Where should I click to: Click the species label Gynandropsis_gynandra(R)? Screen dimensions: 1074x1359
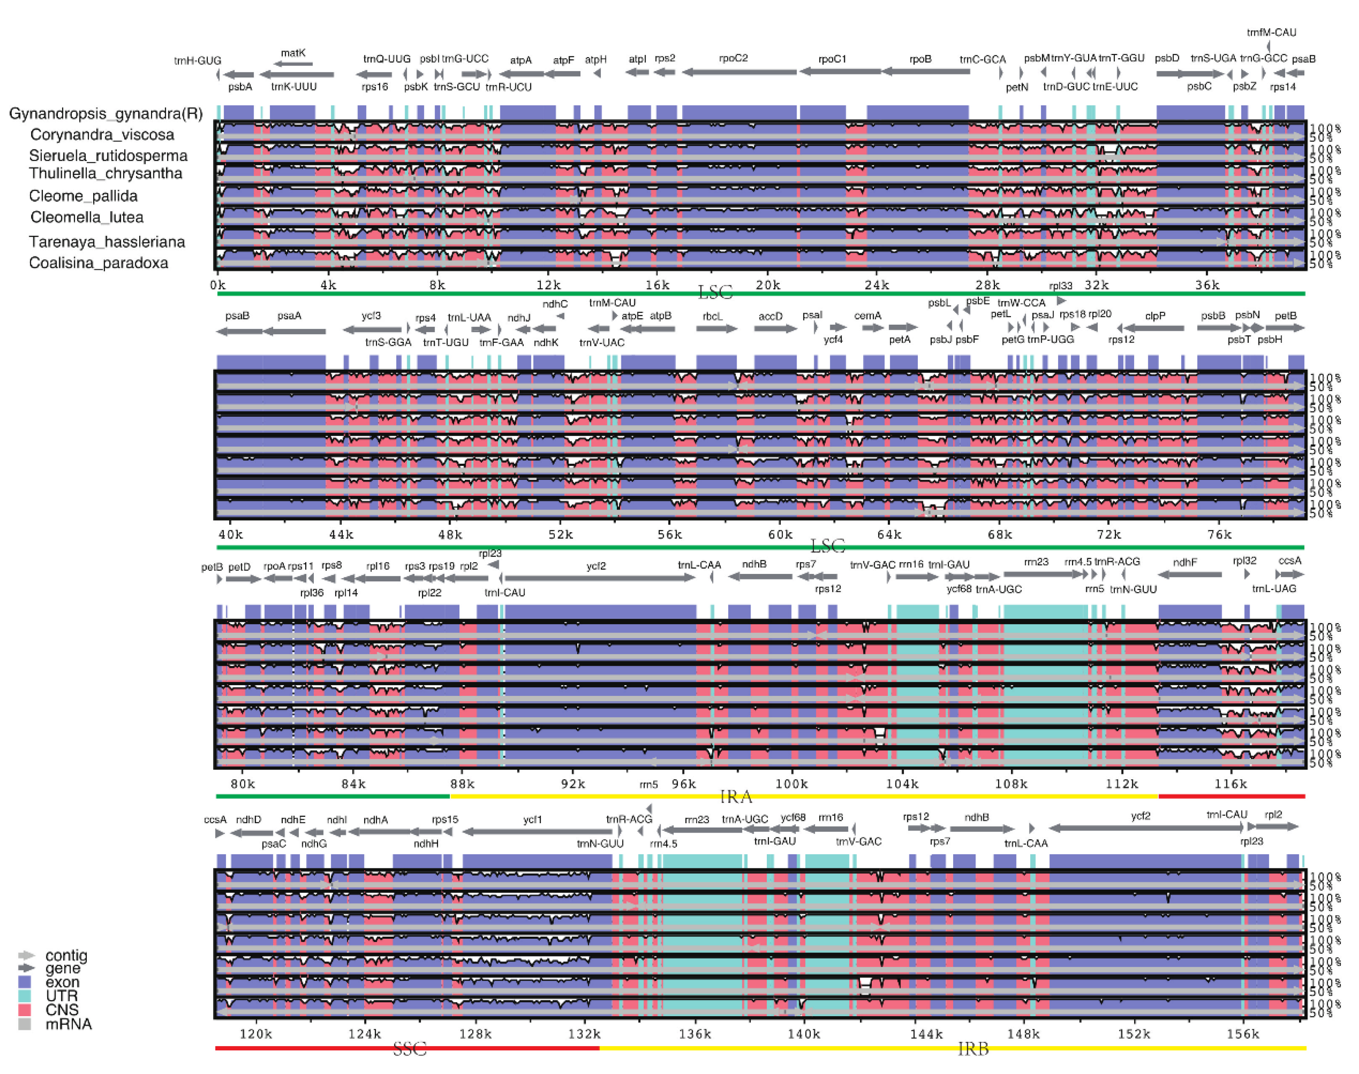coord(106,114)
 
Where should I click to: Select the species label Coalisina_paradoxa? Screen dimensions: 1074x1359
coord(99,263)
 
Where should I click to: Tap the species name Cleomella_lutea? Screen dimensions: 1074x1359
coord(87,217)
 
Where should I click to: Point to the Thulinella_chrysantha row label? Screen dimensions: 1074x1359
coord(106,173)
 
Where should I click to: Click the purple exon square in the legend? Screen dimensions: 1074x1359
coord(24,982)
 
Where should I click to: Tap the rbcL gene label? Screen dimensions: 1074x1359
coord(713,317)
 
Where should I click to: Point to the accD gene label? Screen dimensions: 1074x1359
coord(770,316)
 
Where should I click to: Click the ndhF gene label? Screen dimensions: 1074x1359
coord(1185,563)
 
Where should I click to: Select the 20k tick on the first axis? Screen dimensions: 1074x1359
coord(768,285)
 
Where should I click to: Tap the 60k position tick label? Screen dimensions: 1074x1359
coord(780,535)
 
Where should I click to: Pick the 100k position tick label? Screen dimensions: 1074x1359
coord(791,784)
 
